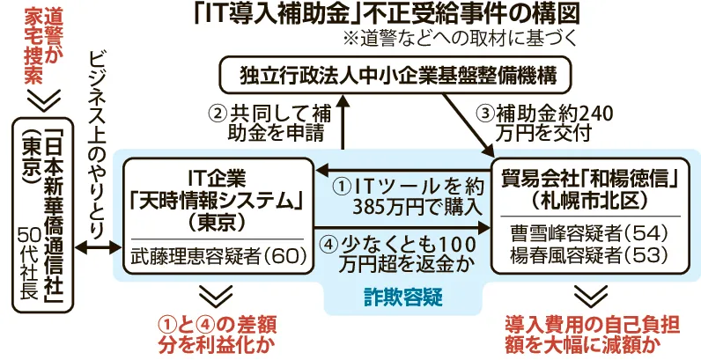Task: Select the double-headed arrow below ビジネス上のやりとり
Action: click(x=99, y=248)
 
